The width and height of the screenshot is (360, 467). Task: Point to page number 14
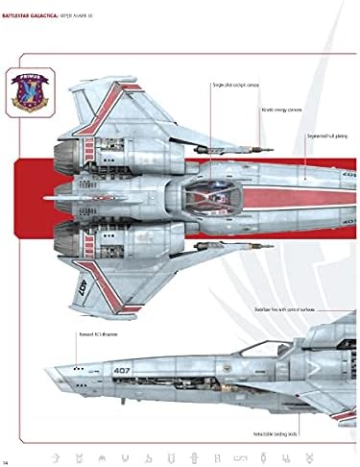pos(7,453)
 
